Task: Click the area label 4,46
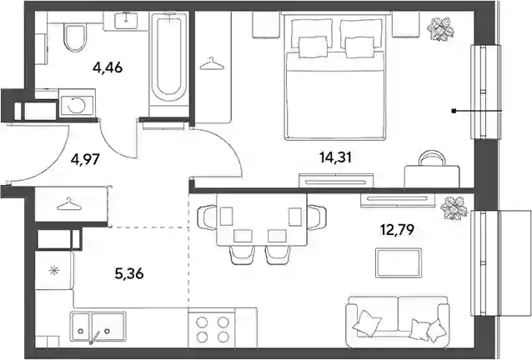coord(108,67)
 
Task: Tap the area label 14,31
coord(335,157)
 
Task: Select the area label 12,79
coord(397,231)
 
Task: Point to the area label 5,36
coord(129,273)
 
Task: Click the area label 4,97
coord(85,158)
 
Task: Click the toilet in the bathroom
coord(74,37)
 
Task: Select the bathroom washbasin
coord(126,20)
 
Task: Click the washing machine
coord(77,103)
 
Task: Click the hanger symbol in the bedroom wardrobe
coord(212,63)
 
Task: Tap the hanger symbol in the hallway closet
coord(69,204)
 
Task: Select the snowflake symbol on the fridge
coord(53,271)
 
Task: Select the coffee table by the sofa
coord(399,263)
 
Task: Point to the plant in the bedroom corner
coord(440,29)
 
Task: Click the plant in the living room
coord(454,208)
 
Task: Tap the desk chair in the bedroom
coord(432,158)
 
